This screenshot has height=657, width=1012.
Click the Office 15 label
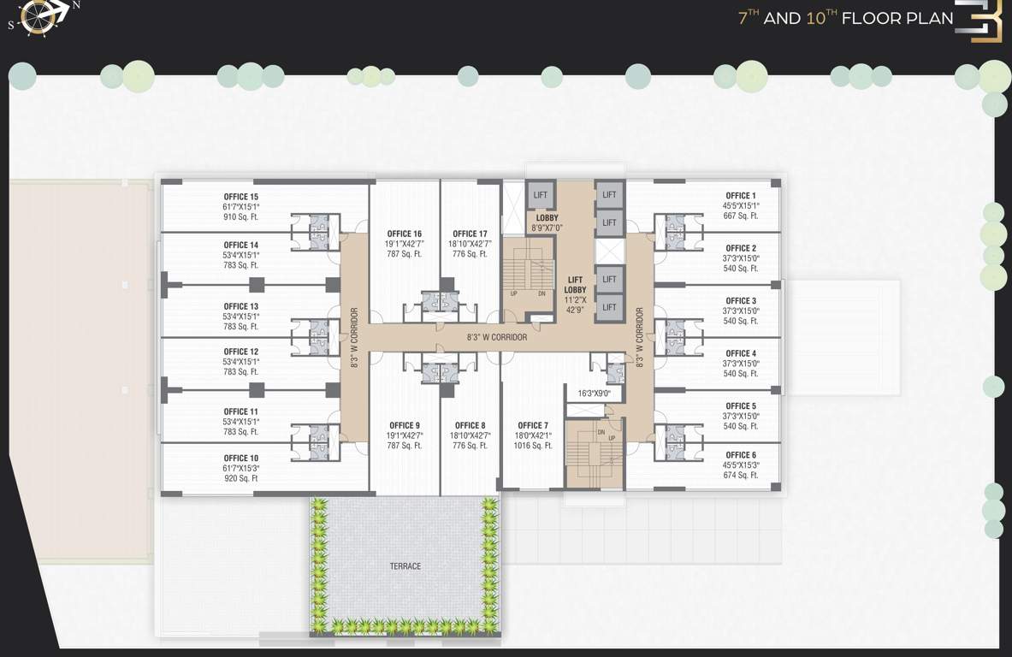click(x=240, y=197)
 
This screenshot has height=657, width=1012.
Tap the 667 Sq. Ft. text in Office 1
click(x=741, y=216)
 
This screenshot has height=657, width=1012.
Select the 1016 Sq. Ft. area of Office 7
click(x=534, y=446)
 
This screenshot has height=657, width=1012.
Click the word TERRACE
click(x=405, y=566)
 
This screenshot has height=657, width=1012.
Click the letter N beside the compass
click(x=76, y=5)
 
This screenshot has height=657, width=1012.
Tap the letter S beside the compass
click(x=11, y=26)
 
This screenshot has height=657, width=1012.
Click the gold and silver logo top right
click(x=979, y=21)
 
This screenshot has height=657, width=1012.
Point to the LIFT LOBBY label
click(x=576, y=285)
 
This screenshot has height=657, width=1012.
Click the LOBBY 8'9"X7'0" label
click(x=547, y=223)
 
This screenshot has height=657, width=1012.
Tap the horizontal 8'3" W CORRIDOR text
click(x=497, y=337)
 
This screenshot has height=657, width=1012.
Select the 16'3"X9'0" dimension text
click(x=594, y=394)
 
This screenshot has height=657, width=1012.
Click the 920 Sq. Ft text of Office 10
click(x=240, y=478)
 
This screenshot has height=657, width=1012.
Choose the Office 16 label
click(x=404, y=234)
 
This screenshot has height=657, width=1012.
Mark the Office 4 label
click(x=741, y=353)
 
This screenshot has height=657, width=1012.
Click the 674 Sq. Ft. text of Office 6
click(x=741, y=475)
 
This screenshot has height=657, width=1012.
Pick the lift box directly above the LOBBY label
click(x=540, y=195)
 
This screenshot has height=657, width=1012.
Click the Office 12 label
click(x=240, y=352)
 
